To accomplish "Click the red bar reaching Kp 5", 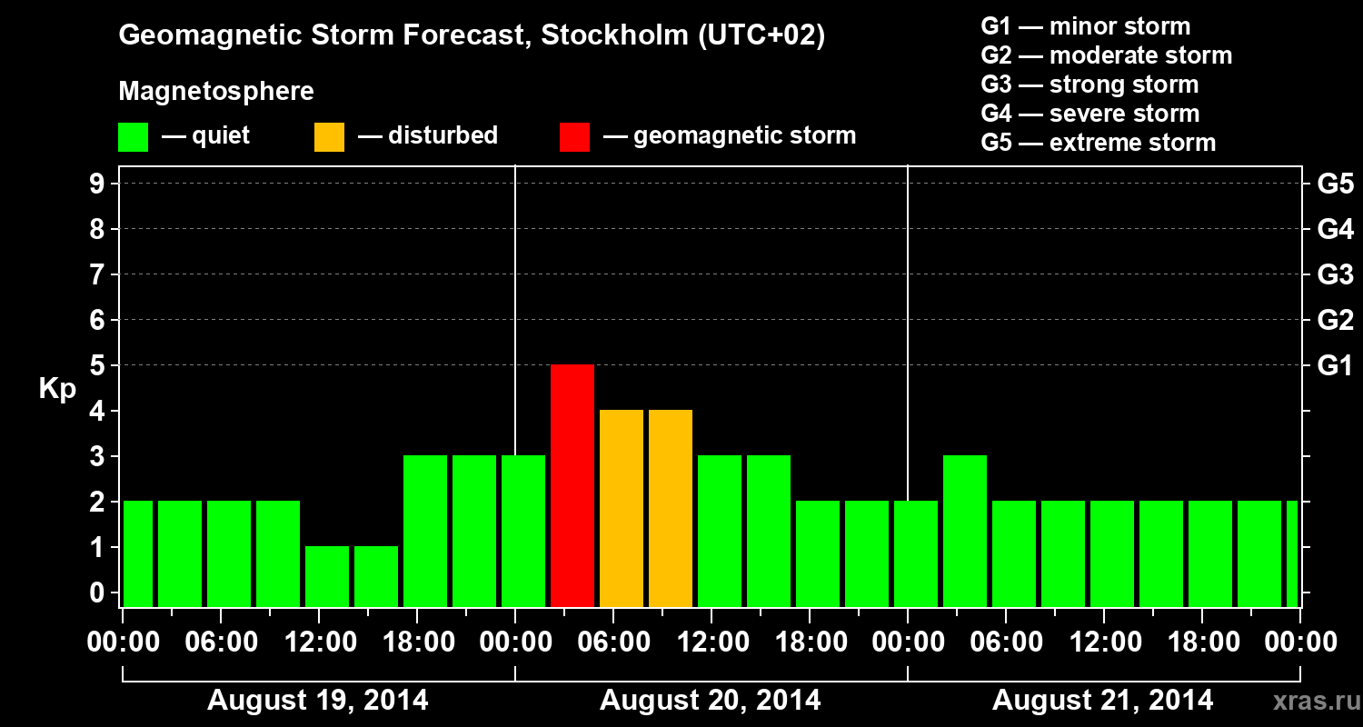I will (x=572, y=485).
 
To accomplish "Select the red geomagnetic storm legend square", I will (x=574, y=136).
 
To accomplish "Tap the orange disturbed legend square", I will (x=329, y=136).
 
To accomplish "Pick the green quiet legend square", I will (x=133, y=136).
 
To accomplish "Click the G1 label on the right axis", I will (x=1335, y=366).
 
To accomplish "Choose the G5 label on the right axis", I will (x=1335, y=184).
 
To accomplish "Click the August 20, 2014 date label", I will (x=710, y=701).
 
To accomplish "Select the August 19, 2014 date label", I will (x=318, y=701).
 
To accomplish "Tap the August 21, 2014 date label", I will (x=1102, y=701).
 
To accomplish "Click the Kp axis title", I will (x=57, y=389).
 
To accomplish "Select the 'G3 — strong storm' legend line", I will (x=1089, y=85).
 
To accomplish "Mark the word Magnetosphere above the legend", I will (x=216, y=92).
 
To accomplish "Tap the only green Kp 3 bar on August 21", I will (x=965, y=531).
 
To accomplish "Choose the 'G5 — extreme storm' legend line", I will (x=1098, y=143).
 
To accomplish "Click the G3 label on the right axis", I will (x=1335, y=275).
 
